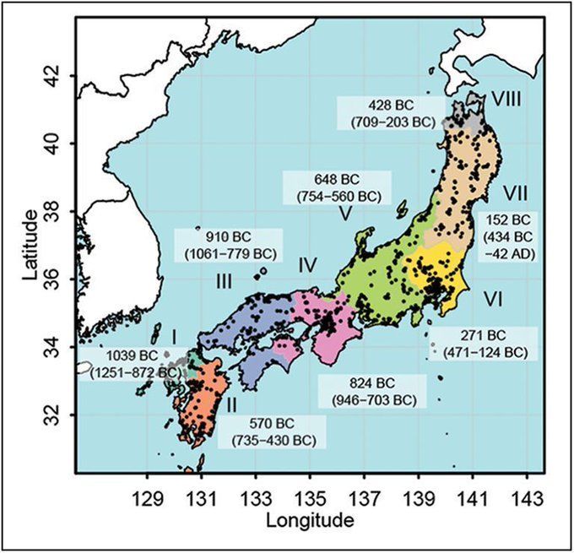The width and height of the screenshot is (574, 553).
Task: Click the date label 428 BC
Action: [x=387, y=105]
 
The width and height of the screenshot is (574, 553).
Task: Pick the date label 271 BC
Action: [x=479, y=335]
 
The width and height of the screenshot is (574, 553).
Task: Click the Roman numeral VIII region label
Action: [x=506, y=100]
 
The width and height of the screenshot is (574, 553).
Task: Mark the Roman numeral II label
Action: [x=231, y=404]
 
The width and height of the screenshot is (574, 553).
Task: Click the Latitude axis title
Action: [x=30, y=246]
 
